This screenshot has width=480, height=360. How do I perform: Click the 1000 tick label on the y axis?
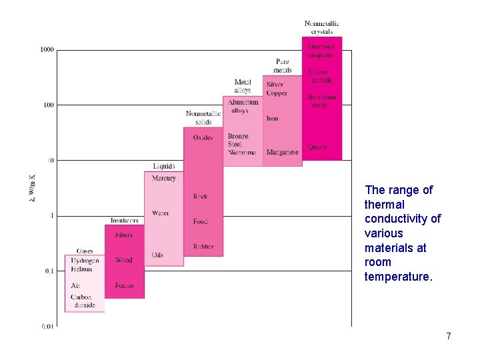click(47, 50)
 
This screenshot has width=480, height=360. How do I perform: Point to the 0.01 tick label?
click(47, 326)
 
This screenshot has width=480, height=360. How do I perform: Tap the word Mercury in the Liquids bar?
click(163, 178)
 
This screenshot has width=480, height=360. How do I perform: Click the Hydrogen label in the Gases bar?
click(85, 261)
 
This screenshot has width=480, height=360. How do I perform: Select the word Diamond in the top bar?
click(321, 47)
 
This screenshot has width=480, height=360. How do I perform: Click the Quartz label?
click(317, 147)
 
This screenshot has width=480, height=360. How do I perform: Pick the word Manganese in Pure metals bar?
click(283, 153)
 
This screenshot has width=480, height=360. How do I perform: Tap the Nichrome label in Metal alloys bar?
click(241, 153)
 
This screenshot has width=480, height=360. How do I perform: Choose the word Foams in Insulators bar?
click(124, 285)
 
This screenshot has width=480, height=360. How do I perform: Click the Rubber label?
click(203, 247)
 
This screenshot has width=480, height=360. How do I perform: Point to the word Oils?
click(157, 255)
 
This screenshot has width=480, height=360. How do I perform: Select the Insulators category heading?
click(124, 221)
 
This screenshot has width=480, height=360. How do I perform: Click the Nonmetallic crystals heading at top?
click(321, 28)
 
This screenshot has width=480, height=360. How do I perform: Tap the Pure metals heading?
click(283, 66)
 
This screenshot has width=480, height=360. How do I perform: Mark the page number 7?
click(449, 336)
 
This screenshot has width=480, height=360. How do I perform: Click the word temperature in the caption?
click(398, 277)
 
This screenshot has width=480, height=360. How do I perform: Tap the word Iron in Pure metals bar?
click(273, 119)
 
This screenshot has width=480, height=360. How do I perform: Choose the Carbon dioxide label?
click(83, 301)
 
